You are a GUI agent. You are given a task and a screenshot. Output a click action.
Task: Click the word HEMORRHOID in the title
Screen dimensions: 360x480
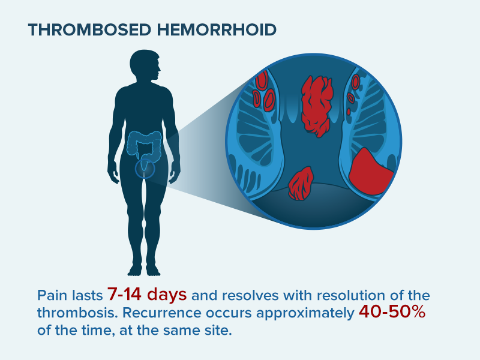click(x=214, y=29)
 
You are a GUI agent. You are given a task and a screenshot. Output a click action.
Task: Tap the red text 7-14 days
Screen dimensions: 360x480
click(x=147, y=295)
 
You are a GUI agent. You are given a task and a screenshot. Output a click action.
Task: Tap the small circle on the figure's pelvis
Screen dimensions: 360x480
click(x=145, y=170)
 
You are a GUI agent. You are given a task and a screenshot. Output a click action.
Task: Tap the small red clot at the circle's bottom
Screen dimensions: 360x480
click(x=300, y=184)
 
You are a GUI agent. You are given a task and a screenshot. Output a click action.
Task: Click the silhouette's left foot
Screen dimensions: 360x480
click(x=155, y=269)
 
